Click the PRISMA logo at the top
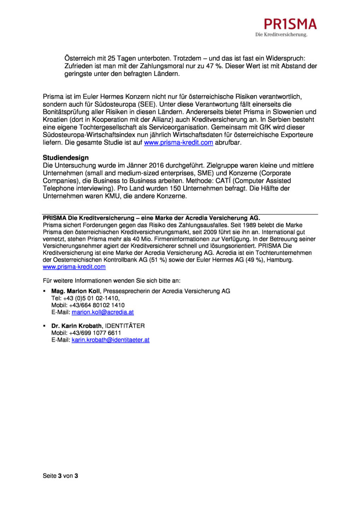point(290,24)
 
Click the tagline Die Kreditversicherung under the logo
point(281,35)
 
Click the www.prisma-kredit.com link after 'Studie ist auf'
point(178,143)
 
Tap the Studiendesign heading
point(66,158)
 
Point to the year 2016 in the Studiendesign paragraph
point(156,165)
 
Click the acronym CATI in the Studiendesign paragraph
point(223,181)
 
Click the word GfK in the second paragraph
point(265,127)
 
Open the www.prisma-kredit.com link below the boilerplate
point(74,267)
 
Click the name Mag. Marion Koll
point(76,291)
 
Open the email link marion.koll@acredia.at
point(103,312)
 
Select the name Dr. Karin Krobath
point(77,326)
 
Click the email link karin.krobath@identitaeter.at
point(111,340)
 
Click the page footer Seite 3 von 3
point(60,476)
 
